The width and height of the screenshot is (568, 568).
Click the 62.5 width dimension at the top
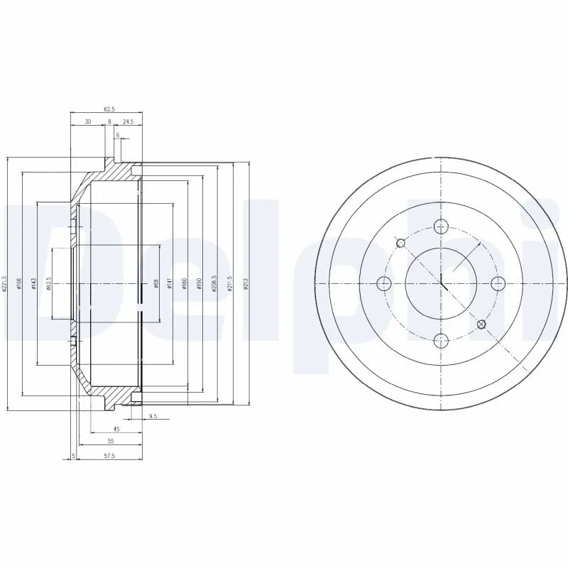click(109, 109)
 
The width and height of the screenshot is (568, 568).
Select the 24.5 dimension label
click(128, 121)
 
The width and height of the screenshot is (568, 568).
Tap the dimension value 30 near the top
click(87, 121)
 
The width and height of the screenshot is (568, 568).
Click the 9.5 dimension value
click(153, 416)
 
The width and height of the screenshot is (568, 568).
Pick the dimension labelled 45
click(116, 429)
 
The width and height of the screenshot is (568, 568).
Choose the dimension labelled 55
click(110, 441)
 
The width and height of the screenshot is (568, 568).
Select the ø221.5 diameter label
click(5, 283)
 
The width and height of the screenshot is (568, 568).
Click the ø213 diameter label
click(246, 284)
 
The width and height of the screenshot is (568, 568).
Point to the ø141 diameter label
click(169, 284)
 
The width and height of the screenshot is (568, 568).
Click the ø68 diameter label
click(155, 284)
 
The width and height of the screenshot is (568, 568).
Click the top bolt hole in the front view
click(441, 226)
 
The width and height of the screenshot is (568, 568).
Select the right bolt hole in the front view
click(498, 283)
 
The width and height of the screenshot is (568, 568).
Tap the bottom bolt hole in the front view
click(441, 340)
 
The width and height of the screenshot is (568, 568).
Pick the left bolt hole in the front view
click(384, 283)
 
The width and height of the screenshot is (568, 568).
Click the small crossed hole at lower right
click(481, 324)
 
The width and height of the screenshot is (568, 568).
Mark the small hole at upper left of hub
click(400, 243)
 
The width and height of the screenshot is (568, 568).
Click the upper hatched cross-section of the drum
click(114, 171)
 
